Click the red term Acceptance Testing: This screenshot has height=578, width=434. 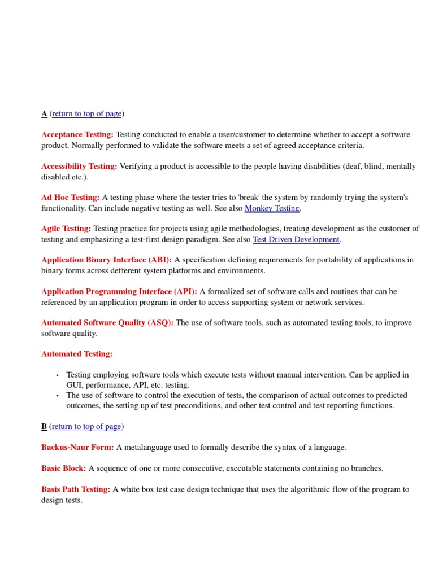77,135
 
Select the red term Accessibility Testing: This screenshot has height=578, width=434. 79,167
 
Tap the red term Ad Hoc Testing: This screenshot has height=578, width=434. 70,198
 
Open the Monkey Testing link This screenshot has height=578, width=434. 272,208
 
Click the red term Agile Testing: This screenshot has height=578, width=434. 66,229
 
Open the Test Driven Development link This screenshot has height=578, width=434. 296,239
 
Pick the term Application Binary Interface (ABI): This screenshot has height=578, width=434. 106,260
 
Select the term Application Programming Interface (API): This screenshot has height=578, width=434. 119,292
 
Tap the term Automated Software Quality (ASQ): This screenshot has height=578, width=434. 107,323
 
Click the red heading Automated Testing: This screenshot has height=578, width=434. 77,354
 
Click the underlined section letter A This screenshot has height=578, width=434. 44,114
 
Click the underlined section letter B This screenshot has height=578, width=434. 44,427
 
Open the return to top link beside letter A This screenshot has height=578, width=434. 86,114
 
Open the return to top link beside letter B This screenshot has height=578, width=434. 86,427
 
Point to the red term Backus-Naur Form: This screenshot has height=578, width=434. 77,448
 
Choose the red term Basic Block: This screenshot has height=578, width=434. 63,468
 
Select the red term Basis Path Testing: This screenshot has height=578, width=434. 76,489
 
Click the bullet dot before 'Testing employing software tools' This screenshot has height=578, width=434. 57,375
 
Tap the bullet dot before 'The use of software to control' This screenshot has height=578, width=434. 57,396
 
